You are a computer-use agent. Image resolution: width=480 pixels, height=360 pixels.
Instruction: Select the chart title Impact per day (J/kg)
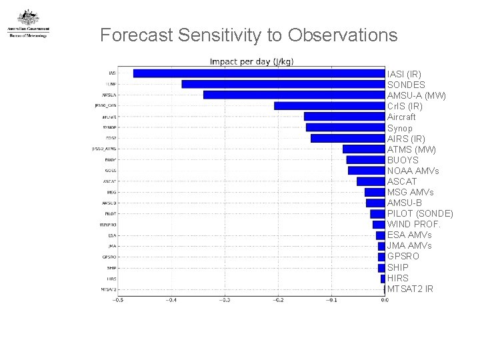[x=251, y=62]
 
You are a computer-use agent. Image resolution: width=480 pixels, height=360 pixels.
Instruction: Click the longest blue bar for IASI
[x=259, y=73]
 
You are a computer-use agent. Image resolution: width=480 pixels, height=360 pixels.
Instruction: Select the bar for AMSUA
[x=293, y=95]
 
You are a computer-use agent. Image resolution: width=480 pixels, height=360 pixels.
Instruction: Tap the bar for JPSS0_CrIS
[x=329, y=105]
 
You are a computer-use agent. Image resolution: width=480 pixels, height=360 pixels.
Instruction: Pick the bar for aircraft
[x=344, y=116]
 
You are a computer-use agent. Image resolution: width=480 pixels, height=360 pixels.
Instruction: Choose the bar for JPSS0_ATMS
[x=363, y=149]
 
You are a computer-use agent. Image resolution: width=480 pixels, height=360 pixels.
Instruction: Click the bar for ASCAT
[x=371, y=181]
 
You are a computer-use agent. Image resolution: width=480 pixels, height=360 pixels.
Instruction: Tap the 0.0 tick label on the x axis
[x=384, y=300]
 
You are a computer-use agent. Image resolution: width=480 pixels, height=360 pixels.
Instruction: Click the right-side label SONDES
[x=406, y=85]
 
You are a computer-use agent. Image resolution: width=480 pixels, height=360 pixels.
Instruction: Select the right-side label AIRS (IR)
[x=406, y=139]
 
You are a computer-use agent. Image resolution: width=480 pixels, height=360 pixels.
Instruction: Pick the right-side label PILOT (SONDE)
[x=420, y=213]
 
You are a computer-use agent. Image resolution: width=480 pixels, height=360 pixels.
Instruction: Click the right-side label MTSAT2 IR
[x=410, y=289]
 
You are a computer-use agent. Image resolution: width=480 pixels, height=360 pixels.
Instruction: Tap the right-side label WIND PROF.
[x=414, y=224]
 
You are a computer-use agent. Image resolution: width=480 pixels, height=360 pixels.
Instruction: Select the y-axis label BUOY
[x=111, y=160]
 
